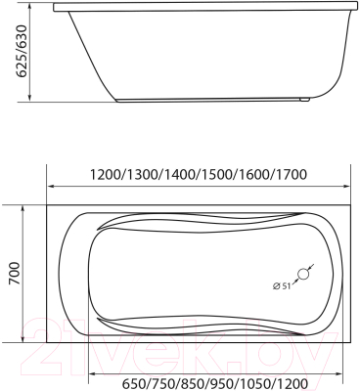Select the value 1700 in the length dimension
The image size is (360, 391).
click(x=292, y=175)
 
